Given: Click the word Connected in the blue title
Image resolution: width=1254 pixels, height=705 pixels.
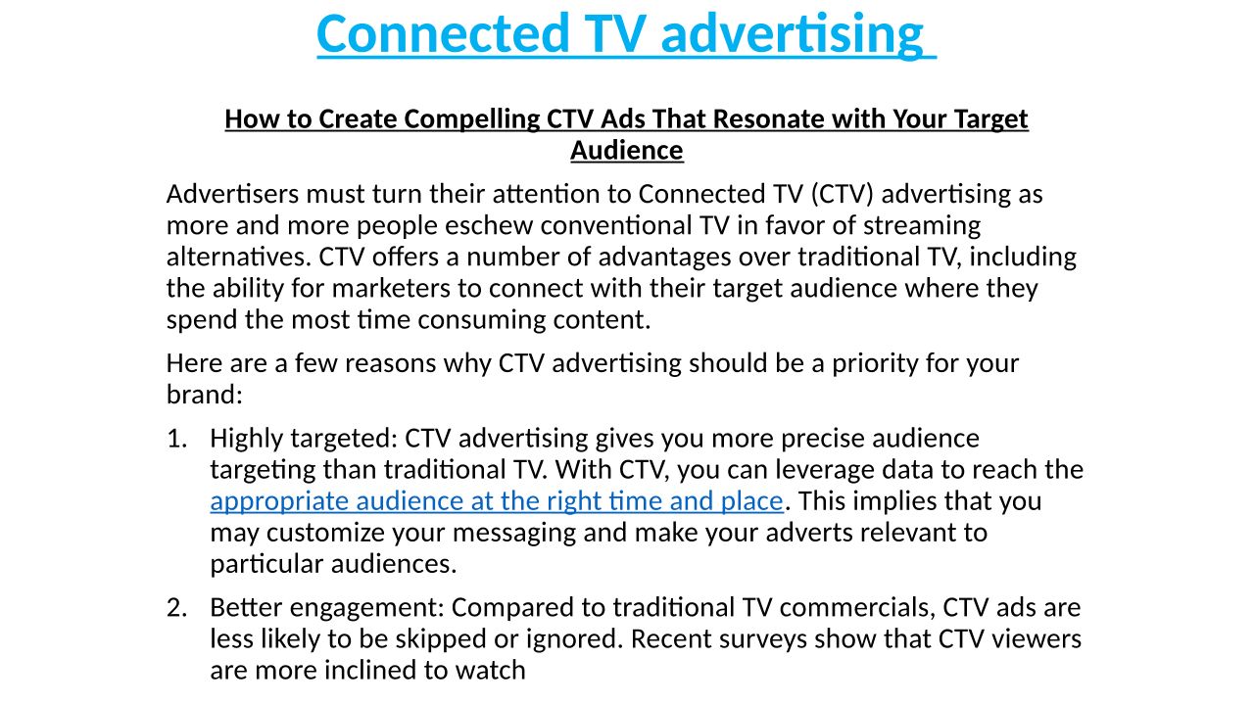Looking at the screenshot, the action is [x=443, y=32].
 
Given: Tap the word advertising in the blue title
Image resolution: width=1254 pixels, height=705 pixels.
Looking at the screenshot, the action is [x=793, y=34].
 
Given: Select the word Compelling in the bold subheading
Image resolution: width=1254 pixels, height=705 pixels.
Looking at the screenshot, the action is [x=472, y=119].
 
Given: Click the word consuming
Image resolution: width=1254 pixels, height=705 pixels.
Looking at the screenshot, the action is [x=481, y=320].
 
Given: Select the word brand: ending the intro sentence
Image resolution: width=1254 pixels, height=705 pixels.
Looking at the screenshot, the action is [x=205, y=394].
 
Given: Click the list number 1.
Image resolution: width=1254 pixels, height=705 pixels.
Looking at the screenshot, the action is [x=176, y=438].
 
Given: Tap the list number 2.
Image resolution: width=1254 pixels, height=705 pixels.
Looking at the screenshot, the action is [x=176, y=608].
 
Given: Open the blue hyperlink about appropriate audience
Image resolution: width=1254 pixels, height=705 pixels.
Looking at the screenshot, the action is [x=497, y=501].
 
